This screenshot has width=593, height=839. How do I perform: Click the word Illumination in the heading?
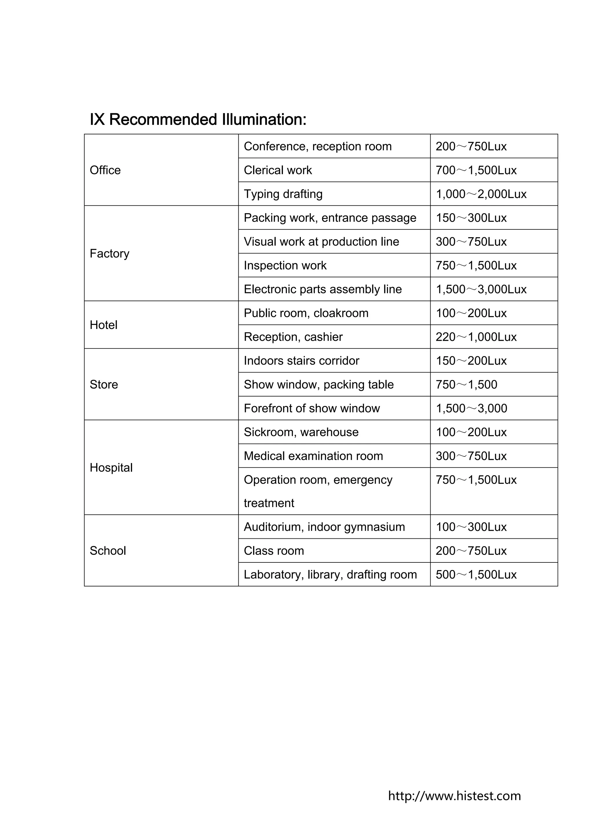pos(264,120)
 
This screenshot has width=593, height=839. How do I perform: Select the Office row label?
pos(105,170)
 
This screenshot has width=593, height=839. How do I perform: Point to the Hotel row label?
pos(103,325)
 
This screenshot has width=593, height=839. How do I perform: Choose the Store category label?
pos(104,384)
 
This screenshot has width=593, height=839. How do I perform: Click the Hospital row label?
pos(111,468)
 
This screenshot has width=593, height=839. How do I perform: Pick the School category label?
pos(108,551)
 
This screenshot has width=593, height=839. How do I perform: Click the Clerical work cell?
pos(278,170)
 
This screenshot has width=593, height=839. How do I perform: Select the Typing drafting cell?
pos(283,194)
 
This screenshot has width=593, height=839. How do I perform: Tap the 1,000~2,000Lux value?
pos(481,194)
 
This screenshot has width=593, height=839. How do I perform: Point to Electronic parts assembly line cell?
pos(323,289)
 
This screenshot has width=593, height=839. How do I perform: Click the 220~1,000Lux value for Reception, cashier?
pos(476,337)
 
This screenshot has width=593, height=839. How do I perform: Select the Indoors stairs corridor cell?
pos(301,361)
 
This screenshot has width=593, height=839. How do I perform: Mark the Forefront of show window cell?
pos(312,408)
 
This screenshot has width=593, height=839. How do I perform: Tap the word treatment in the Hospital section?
pos(269,503)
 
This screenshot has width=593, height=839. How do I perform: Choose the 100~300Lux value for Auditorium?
pos(471,527)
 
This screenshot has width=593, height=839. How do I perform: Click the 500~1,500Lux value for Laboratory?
pos(476,574)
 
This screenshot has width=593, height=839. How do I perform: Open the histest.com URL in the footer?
pos(454,796)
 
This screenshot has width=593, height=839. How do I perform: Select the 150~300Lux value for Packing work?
pos(471,218)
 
